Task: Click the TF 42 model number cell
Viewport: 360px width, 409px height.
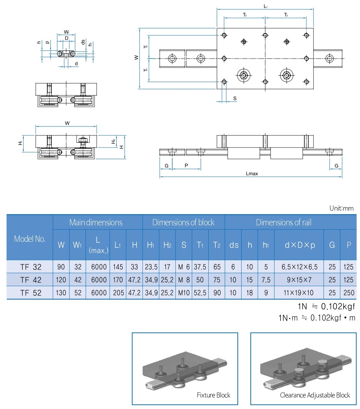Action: [30, 280]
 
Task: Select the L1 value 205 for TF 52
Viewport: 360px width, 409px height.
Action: [118, 293]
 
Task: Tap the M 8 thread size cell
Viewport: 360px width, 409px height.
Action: [184, 280]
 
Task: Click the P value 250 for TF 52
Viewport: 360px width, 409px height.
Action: [348, 293]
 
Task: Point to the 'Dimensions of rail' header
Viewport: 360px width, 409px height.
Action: [283, 222]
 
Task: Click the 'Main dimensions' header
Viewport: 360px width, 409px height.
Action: [96, 222]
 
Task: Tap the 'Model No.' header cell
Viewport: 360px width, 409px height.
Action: [30, 239]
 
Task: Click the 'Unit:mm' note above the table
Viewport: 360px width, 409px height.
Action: [341, 208]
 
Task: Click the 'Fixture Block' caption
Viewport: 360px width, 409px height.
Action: [213, 395]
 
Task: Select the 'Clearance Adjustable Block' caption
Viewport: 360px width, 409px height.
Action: [314, 395]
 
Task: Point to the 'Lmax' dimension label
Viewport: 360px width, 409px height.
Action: [252, 173]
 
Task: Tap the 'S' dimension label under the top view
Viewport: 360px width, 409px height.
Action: [235, 99]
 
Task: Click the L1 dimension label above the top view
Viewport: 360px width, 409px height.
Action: [265, 6]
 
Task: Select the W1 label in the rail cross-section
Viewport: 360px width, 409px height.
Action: [66, 32]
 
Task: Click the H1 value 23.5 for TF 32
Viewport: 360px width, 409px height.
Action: [151, 267]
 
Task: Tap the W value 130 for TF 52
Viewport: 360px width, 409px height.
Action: [61, 293]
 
